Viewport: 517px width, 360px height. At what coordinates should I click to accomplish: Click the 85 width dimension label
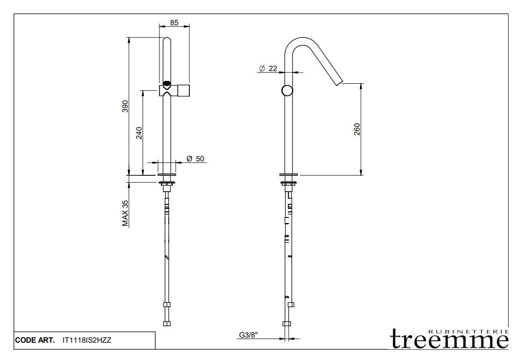(x=174, y=22)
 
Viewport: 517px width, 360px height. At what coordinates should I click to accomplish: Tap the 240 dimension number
(x=139, y=133)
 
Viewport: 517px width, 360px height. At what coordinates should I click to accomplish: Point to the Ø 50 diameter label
(x=195, y=159)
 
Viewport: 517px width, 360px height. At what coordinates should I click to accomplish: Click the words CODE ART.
(x=36, y=340)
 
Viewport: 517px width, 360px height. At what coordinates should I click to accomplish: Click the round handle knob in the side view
(x=287, y=91)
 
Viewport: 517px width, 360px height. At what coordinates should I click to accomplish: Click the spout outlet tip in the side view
(x=340, y=82)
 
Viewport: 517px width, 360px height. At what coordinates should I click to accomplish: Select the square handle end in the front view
(x=183, y=91)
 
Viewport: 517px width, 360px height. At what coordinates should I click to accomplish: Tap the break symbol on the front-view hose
(x=167, y=257)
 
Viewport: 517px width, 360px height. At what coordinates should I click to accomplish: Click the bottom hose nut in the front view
(x=167, y=323)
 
